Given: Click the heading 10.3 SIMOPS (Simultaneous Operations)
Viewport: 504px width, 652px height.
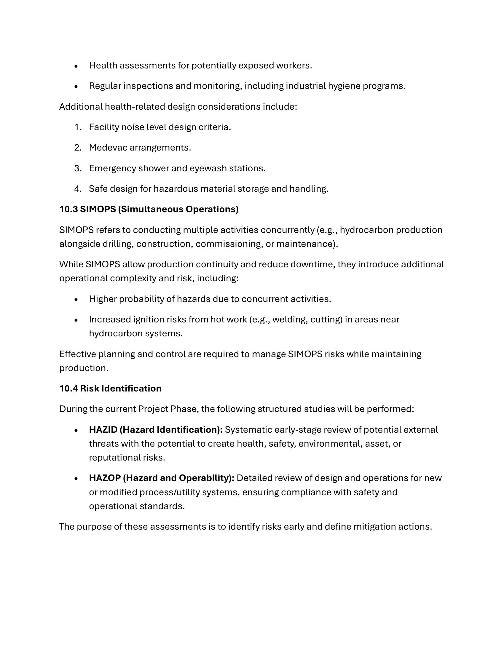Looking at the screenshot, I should click(x=149, y=209).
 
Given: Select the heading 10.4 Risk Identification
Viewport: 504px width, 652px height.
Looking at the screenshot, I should click(x=110, y=389).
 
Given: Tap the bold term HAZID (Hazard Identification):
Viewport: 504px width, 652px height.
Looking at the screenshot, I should click(x=156, y=430).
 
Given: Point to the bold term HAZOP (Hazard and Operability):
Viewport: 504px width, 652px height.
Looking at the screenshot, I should click(x=162, y=478).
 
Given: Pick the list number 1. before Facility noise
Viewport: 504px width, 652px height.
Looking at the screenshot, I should click(x=78, y=127).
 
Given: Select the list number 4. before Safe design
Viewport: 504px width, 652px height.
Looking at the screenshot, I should click(x=78, y=189).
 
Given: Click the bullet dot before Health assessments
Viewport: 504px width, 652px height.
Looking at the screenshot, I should click(x=76, y=66).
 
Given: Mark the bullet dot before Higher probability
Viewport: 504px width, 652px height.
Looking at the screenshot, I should click(x=76, y=299).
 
